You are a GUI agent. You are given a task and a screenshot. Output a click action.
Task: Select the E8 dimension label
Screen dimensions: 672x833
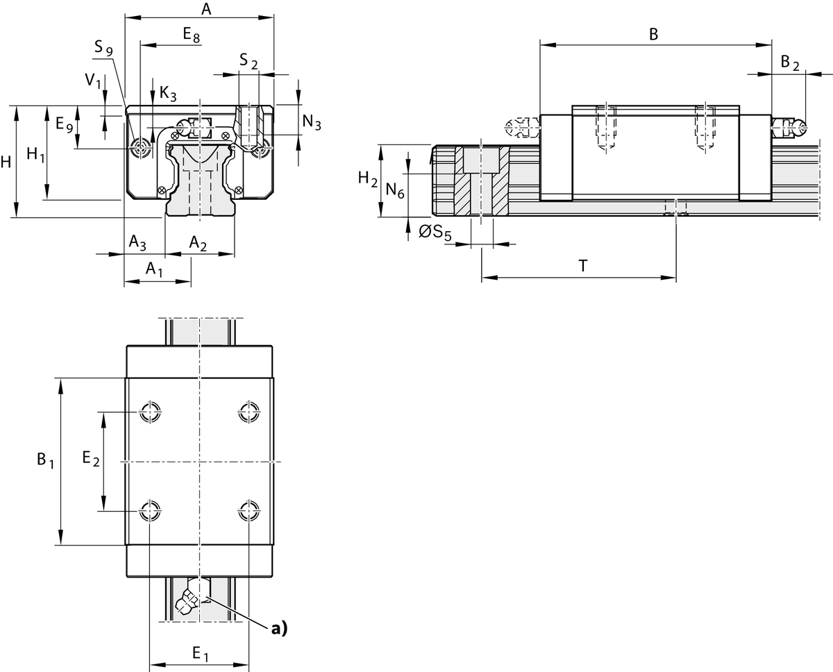pyautogui.click(x=191, y=35)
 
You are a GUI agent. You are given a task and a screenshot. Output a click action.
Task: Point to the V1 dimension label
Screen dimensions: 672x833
pyautogui.click(x=93, y=81)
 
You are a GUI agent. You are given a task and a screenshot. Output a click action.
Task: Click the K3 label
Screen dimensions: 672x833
pyautogui.click(x=167, y=92)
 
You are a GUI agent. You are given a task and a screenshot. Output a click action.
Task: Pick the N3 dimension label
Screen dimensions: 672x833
pyautogui.click(x=312, y=124)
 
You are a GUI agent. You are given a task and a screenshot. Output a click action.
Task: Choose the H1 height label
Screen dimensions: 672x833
pyautogui.click(x=35, y=155)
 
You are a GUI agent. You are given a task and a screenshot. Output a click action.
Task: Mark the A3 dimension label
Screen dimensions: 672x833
pyautogui.click(x=137, y=242)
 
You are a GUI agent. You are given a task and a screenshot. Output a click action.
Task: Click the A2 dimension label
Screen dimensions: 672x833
pyautogui.click(x=198, y=242)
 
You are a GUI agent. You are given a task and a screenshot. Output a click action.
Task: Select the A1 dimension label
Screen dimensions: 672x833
pyautogui.click(x=153, y=269)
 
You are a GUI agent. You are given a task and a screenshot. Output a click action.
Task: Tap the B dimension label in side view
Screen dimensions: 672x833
pyautogui.click(x=653, y=34)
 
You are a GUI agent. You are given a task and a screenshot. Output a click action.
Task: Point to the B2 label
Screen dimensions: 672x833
pyautogui.click(x=790, y=62)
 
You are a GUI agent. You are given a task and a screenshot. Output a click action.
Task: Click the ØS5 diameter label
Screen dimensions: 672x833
pyautogui.click(x=435, y=233)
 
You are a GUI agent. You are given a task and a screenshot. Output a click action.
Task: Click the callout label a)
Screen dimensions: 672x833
pyautogui.click(x=278, y=628)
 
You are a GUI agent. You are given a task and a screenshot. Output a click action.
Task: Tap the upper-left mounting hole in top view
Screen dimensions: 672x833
pyautogui.click(x=149, y=412)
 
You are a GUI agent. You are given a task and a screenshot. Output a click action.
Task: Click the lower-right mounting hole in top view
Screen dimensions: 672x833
pyautogui.click(x=248, y=512)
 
